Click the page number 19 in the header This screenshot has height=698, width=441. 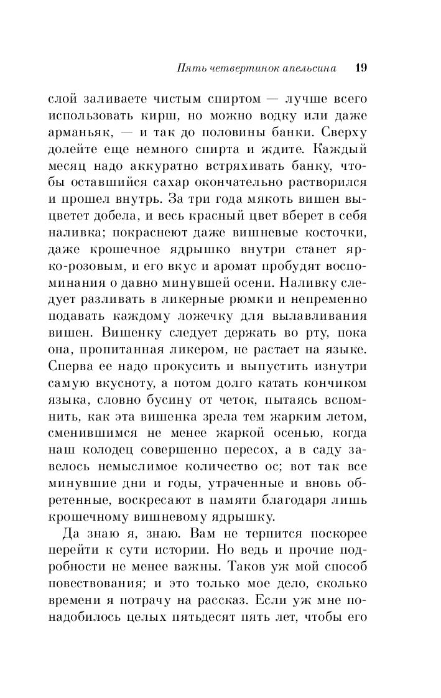(361, 68)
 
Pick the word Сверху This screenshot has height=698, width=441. (343, 133)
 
